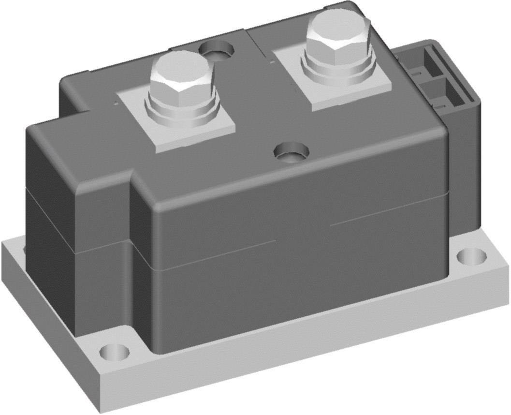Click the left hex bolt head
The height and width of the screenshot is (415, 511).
point(180,76)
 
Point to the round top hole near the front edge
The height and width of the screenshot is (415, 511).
point(291,152)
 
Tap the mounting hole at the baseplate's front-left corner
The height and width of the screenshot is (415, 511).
point(115,351)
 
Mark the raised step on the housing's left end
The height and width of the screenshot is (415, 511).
point(77,145)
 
